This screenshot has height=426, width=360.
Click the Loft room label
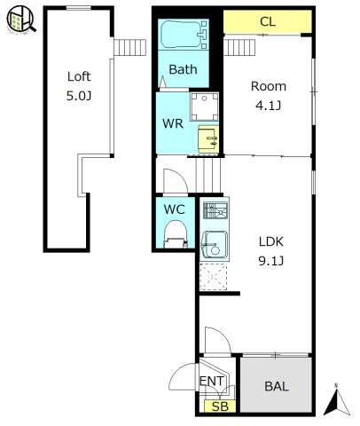[79, 76]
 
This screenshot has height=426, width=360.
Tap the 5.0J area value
[79, 96]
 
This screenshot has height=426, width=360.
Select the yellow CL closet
[268, 22]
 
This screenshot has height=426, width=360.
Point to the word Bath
[183, 69]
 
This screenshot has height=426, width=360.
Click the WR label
[173, 123]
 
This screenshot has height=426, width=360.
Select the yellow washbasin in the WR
[208, 139]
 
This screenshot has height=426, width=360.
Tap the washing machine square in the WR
[204, 106]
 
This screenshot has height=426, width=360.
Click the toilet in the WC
[176, 234]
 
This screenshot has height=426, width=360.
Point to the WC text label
[175, 209]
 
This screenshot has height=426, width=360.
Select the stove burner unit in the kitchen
[215, 210]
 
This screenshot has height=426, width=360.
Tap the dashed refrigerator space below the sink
[214, 277]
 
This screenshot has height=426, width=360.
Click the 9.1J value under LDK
[271, 261]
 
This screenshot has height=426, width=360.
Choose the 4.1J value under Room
[268, 106]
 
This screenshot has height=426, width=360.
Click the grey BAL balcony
[276, 385]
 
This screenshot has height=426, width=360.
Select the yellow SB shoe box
[220, 406]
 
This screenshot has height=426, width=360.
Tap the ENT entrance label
[212, 381]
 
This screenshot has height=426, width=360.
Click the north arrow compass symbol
[337, 400]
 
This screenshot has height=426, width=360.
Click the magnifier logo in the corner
[20, 19]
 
